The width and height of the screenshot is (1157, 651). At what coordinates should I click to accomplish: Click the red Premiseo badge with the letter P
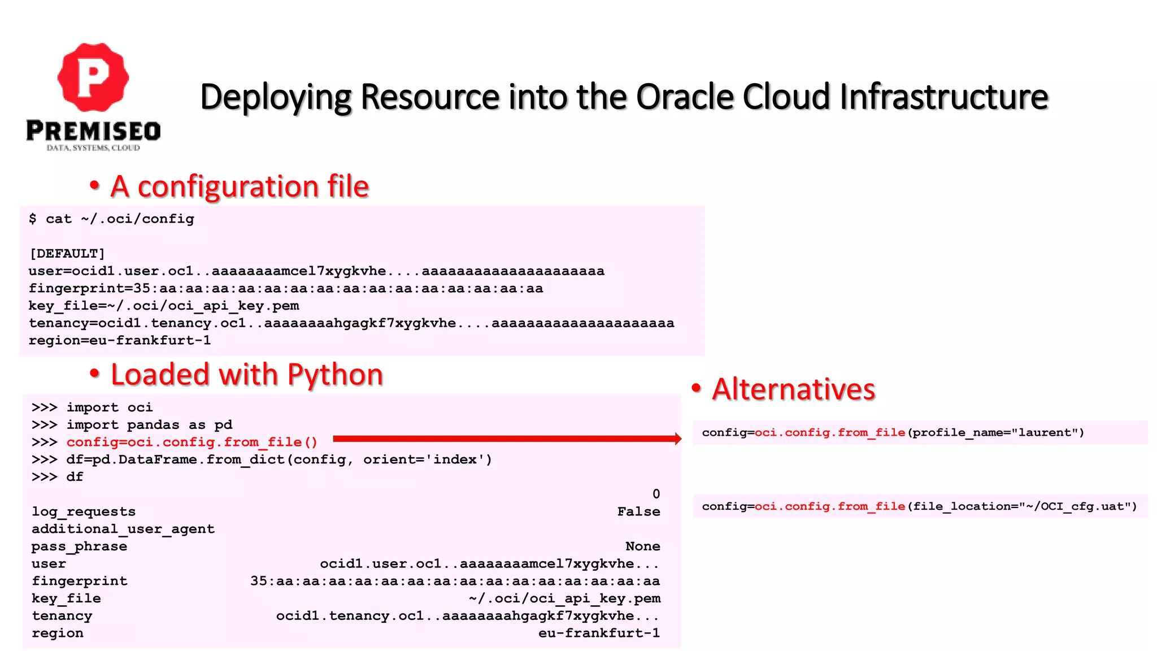point(93,77)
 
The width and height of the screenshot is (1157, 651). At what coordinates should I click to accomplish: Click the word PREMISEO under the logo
point(93,131)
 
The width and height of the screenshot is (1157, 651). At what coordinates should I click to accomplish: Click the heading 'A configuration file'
point(239,186)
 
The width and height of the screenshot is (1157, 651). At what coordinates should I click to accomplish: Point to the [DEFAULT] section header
point(67,253)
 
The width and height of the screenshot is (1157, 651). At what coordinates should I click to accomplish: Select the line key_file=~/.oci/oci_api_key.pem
point(164,306)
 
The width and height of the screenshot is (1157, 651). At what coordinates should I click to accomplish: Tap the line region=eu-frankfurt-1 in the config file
point(119,340)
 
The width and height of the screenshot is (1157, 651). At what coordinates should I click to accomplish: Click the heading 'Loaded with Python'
point(246,375)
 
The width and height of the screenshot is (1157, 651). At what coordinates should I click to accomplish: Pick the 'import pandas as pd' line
point(149,424)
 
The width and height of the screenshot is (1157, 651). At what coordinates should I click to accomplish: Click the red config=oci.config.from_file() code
point(192,442)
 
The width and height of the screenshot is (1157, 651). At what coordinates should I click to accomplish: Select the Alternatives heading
point(793,389)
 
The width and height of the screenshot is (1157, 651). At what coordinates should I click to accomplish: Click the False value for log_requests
point(638,511)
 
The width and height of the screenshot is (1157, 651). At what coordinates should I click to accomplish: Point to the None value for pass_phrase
point(642,546)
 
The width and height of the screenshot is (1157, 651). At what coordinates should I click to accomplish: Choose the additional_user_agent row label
point(123,529)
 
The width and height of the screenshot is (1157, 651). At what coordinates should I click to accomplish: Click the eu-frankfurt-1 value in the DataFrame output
point(599,633)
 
